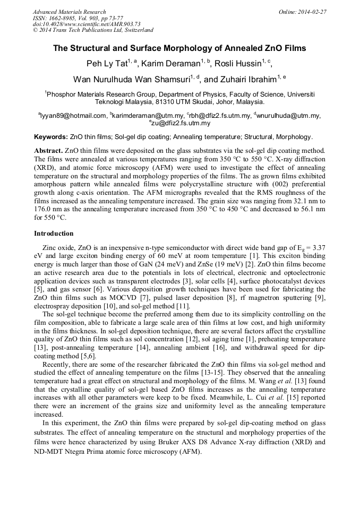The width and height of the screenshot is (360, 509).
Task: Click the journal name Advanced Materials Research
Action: pos(69,12)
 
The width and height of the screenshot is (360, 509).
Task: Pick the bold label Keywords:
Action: pos(51,136)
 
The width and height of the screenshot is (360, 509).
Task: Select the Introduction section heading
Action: pos(54,233)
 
